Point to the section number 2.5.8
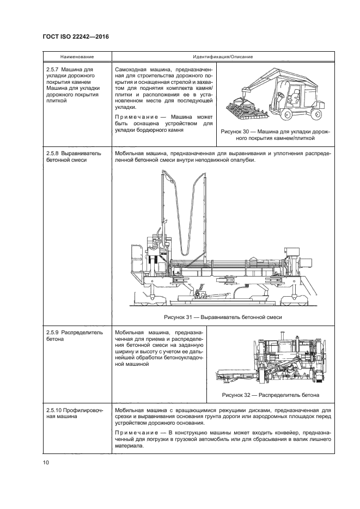click(53, 154)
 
